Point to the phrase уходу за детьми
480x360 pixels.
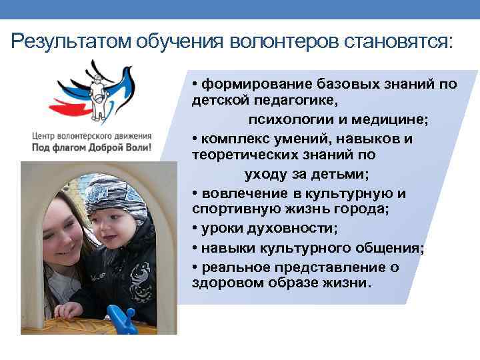[307, 175]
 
